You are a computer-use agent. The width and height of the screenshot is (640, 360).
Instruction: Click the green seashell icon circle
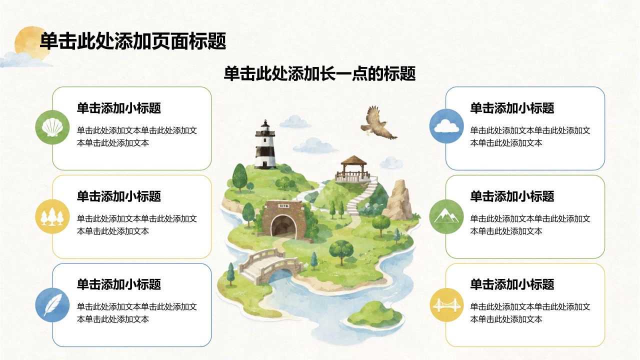[52, 127]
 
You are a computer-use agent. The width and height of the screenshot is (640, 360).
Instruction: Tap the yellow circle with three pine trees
[52, 216]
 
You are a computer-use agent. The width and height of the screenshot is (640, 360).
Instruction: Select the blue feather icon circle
[52, 305]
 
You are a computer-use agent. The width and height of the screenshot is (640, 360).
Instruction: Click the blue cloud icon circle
[446, 126]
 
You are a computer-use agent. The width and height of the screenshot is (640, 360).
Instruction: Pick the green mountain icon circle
[446, 216]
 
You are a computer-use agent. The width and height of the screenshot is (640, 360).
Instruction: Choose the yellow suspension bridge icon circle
[447, 305]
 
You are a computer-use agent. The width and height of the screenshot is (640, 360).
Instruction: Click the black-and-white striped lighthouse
[265, 144]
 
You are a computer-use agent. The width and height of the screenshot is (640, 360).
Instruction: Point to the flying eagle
[378, 123]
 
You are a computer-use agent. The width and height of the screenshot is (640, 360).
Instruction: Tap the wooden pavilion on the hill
[353, 169]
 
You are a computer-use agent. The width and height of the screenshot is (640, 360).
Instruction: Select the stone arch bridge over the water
[270, 265]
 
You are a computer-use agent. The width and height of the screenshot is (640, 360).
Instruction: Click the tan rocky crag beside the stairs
[398, 200]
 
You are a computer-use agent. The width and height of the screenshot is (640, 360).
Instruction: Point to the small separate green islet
[375, 314]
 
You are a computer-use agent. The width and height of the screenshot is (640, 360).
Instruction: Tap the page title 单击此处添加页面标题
[133, 41]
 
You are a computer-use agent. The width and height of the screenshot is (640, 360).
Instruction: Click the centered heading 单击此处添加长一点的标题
[319, 73]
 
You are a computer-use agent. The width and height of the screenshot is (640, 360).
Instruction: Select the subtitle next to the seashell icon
[119, 108]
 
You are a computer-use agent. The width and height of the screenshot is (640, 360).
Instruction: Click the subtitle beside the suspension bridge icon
[512, 284]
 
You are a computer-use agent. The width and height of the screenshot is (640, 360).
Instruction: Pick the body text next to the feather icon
[137, 313]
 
